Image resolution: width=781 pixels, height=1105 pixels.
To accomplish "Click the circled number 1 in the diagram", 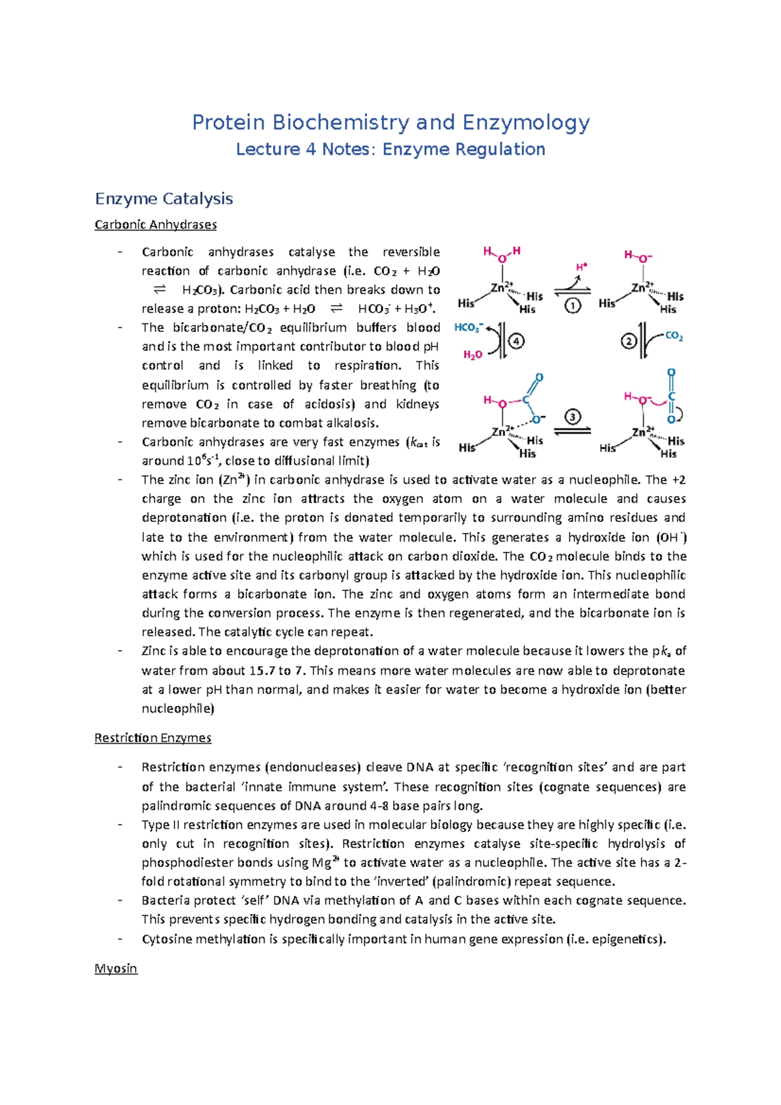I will point(573,305).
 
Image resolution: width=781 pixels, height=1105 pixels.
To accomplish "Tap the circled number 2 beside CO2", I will point(629,341).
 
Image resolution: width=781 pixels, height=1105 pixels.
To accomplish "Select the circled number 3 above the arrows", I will point(572,416).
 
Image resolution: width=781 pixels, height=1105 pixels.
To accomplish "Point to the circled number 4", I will point(517,341).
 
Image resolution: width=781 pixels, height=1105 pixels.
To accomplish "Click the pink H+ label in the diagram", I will point(581,267).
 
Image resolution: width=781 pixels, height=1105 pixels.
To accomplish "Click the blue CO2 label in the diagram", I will point(674,336).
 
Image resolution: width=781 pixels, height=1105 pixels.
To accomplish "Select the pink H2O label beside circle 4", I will point(473,355).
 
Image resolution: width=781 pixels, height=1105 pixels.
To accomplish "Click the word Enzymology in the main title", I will point(526,122).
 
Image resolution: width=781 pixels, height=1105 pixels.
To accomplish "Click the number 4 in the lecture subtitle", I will point(310,149).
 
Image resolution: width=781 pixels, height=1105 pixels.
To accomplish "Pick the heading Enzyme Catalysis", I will point(163,198).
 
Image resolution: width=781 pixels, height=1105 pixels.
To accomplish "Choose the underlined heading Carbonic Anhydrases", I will point(156,225).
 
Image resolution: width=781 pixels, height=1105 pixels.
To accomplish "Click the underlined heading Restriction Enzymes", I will point(153,737).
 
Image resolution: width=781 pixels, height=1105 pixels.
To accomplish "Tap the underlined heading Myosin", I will point(116,968).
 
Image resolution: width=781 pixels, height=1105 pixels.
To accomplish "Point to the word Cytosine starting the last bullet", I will point(167,938).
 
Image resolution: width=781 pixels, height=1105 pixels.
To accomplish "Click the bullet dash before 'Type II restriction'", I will point(120,825).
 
